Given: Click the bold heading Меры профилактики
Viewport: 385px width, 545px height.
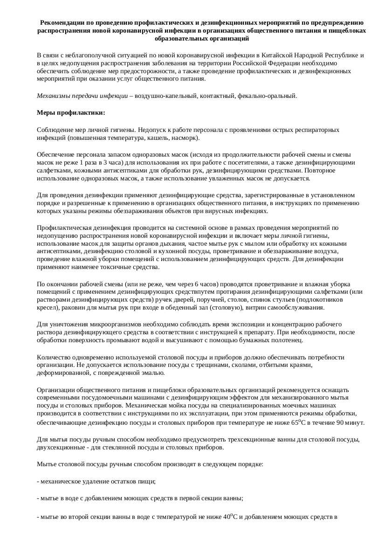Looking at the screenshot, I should [71, 113].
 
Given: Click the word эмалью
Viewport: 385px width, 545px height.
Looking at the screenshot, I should [153, 373].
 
